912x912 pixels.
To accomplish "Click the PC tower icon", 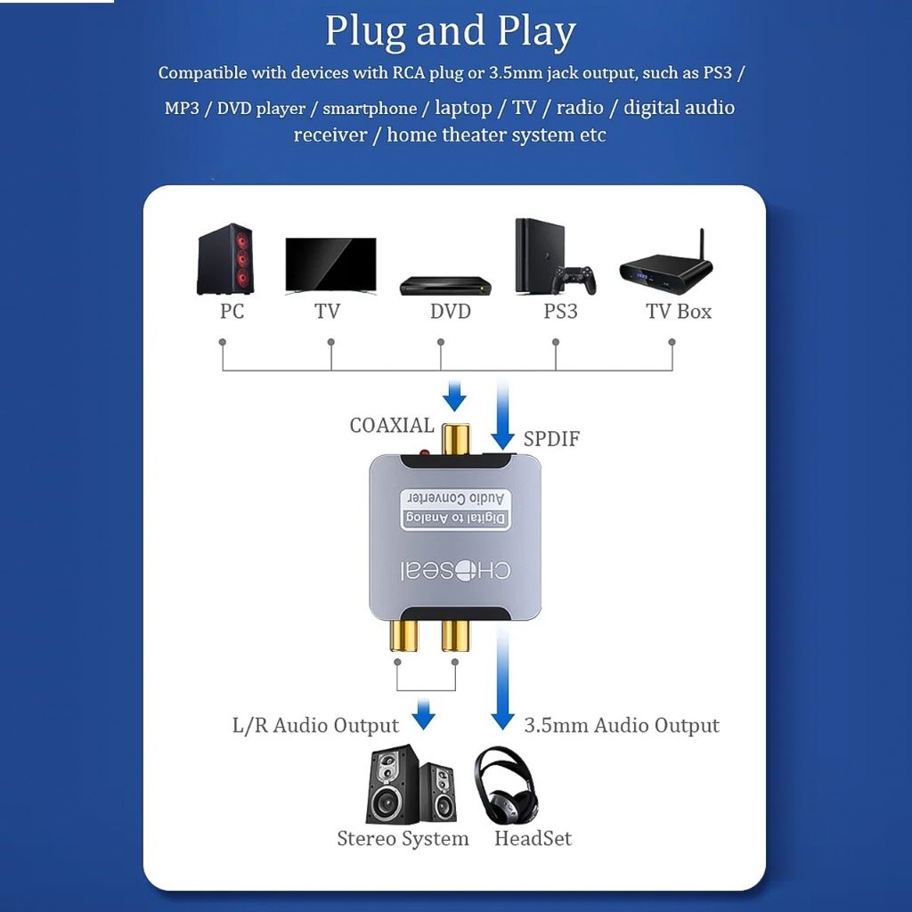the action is (x=225, y=259).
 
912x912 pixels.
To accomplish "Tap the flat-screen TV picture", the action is (x=330, y=265).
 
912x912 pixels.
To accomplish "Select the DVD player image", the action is (x=446, y=286).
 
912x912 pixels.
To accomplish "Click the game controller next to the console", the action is (x=574, y=279).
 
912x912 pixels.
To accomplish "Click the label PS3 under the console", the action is (x=560, y=311).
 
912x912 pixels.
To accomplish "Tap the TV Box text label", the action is (x=679, y=311).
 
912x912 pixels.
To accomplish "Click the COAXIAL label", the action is (x=392, y=425).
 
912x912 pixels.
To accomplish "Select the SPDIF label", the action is (x=551, y=438).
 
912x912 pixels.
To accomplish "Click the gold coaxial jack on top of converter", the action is (x=455, y=439).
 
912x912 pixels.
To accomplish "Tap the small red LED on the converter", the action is (x=424, y=452).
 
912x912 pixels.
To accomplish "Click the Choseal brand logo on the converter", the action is (x=455, y=571).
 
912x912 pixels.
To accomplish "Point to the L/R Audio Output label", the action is (x=315, y=725).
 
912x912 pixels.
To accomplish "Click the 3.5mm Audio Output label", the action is (x=621, y=725).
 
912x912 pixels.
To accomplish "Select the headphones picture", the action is (x=504, y=786).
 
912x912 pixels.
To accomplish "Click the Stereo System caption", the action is (x=403, y=838).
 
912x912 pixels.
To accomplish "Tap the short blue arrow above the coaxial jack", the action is (x=454, y=396).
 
